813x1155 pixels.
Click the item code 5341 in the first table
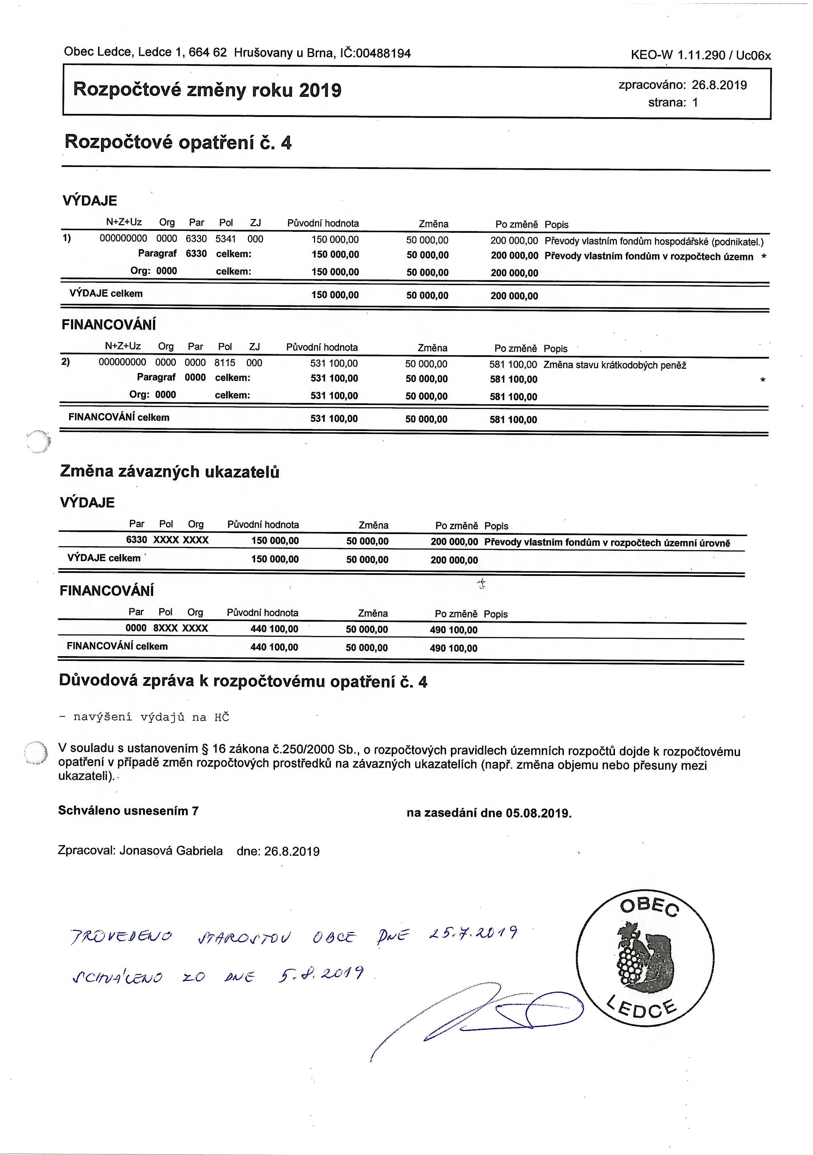(x=226, y=239)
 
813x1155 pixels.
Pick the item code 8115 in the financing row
(x=225, y=363)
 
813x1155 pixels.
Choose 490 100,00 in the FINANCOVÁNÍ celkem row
(x=454, y=648)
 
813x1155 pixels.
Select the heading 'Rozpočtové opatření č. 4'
(x=178, y=143)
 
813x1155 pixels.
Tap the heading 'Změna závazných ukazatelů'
(x=170, y=472)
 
